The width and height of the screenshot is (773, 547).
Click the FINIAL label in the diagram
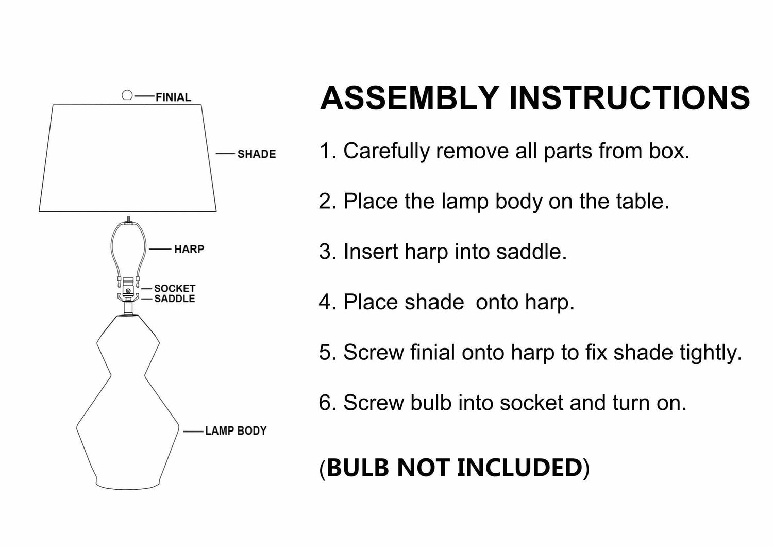(x=173, y=97)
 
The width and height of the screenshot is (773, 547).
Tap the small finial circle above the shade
(x=127, y=95)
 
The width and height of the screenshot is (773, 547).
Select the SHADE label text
(x=256, y=154)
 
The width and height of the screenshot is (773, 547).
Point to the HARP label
(x=189, y=249)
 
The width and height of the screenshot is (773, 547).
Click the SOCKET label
(x=175, y=288)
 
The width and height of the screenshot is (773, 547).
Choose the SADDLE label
(x=175, y=299)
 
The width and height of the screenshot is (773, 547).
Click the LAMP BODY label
(x=236, y=430)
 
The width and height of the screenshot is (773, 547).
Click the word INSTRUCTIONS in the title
(x=629, y=97)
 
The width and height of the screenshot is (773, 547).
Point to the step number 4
(x=325, y=302)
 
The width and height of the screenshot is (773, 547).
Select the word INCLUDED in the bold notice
(x=519, y=467)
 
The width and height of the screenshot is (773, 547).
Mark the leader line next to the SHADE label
(x=225, y=154)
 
